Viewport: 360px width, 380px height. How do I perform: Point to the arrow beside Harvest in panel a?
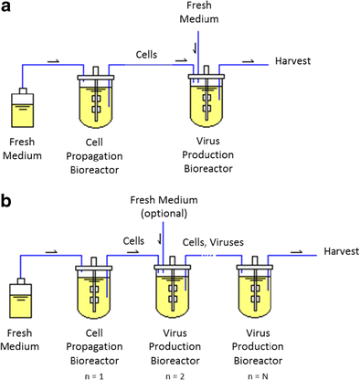click(249, 58)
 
